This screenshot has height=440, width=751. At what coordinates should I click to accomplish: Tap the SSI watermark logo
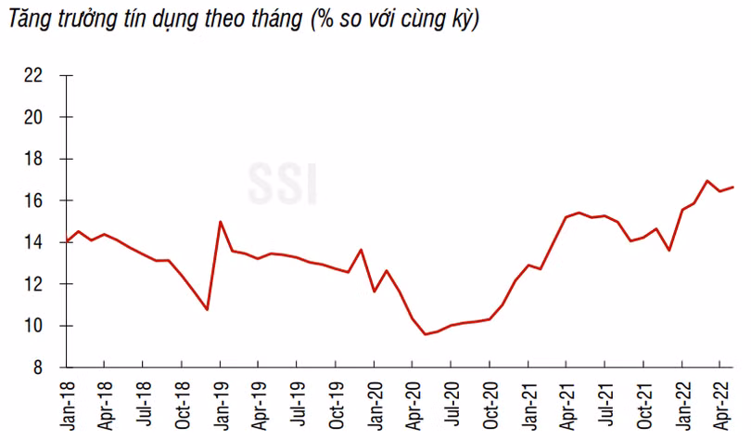tap(284, 183)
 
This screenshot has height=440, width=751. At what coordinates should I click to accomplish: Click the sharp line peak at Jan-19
tap(220, 222)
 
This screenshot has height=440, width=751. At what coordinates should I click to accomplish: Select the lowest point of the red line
tap(426, 334)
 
